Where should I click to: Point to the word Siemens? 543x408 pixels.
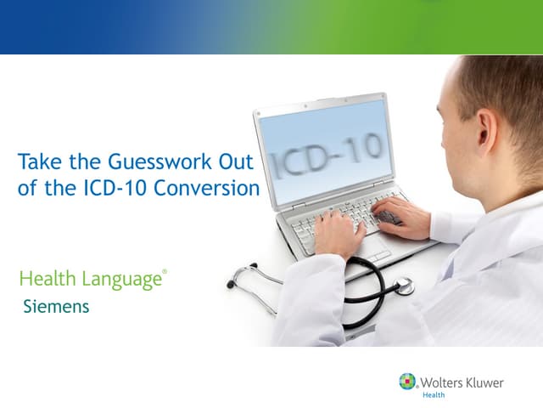(x=56, y=306)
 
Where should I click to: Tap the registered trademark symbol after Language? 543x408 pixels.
(x=165, y=272)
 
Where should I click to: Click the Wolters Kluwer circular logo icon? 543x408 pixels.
(x=408, y=382)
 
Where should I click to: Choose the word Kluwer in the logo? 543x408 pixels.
(x=484, y=382)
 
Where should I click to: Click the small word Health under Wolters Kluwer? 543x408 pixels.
(x=433, y=394)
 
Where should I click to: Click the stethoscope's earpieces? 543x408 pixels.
(x=240, y=277)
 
